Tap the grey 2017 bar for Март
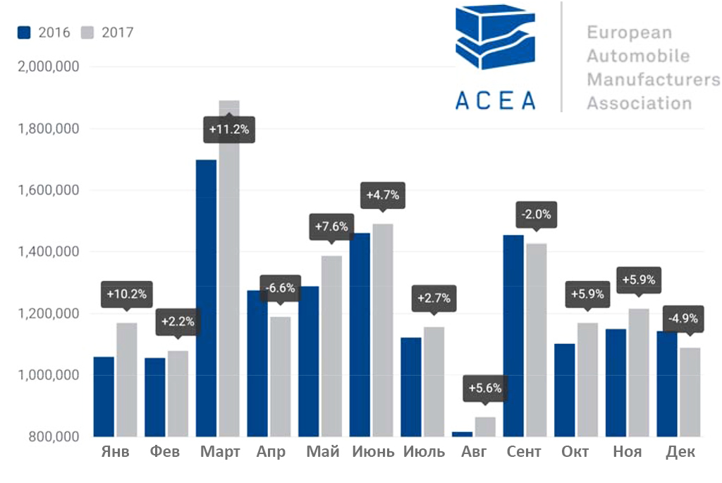click(229, 282)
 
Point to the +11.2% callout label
click(229, 130)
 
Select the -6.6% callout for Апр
click(280, 288)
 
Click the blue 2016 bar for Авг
click(462, 434)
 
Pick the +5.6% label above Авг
click(484, 388)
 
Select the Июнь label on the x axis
click(373, 452)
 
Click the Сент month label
click(524, 452)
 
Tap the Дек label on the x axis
click(680, 452)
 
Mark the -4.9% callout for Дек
click(680, 318)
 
